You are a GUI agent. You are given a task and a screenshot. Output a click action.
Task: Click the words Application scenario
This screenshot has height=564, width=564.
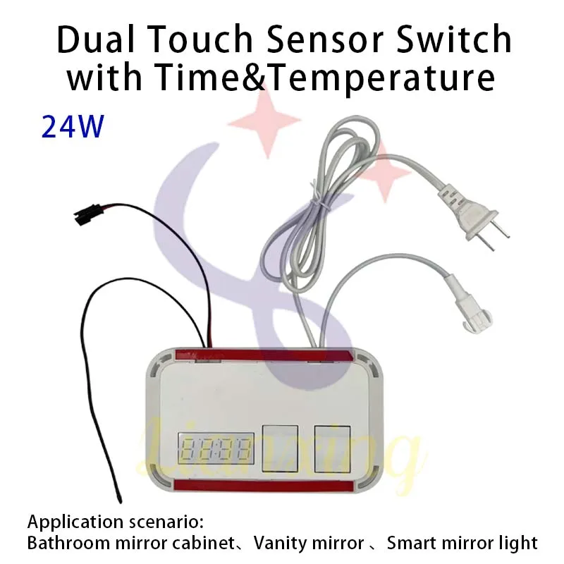click(115, 523)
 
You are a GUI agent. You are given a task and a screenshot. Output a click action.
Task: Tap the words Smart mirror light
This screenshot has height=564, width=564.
click(462, 544)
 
